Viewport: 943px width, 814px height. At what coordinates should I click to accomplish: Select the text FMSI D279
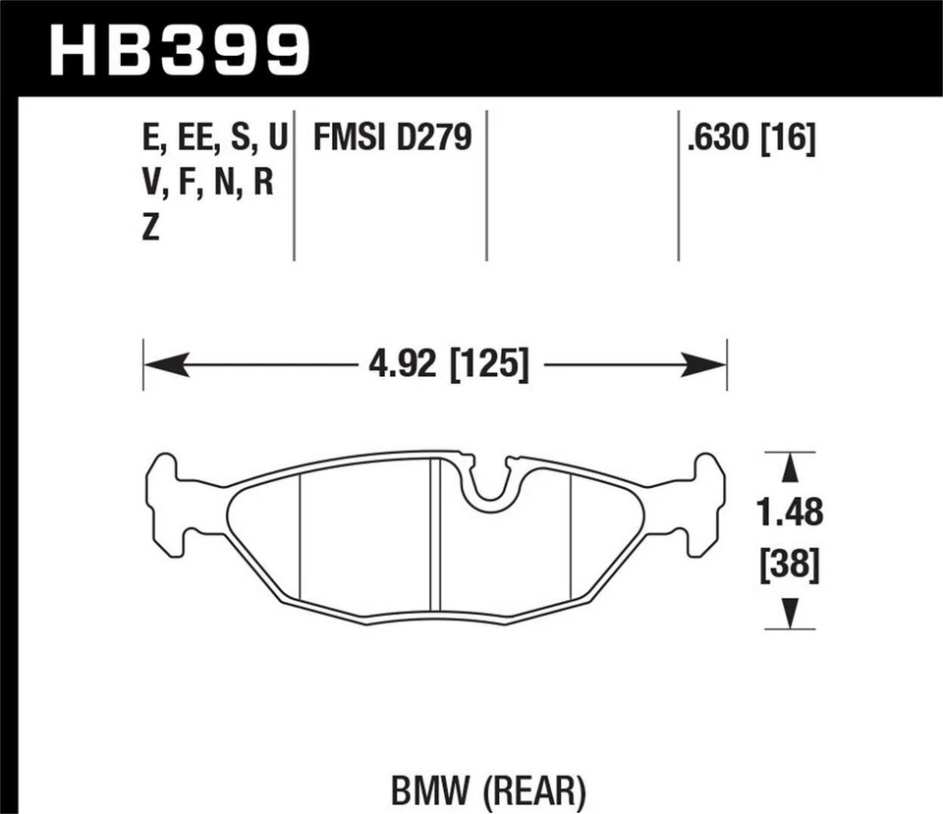pyautogui.click(x=393, y=139)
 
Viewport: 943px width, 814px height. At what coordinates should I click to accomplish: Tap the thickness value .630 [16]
pyautogui.click(x=751, y=139)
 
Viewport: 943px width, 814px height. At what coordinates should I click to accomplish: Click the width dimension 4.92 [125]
pyautogui.click(x=449, y=366)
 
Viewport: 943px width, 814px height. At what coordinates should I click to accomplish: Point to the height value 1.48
pyautogui.click(x=789, y=512)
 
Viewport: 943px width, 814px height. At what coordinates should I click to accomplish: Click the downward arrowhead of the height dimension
pyautogui.click(x=789, y=614)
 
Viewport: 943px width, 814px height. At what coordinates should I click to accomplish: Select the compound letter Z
pyautogui.click(x=151, y=229)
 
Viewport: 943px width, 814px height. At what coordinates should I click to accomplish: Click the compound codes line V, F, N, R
pyautogui.click(x=208, y=184)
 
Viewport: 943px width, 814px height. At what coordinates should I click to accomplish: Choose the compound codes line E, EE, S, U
pyautogui.click(x=215, y=139)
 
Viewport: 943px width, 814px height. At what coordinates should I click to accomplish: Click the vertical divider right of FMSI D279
pyautogui.click(x=486, y=187)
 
